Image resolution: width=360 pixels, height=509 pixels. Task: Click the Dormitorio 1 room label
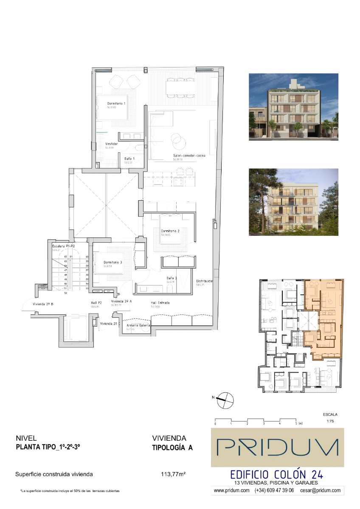(116, 103)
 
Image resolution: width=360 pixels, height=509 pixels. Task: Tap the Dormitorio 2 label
(170, 231)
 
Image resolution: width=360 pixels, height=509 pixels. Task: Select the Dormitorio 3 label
(113, 263)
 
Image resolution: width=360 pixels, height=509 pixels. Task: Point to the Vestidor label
(111, 144)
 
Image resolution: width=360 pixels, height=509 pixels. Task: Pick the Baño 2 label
(172, 278)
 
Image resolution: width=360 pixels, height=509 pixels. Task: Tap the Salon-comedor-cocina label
(189, 156)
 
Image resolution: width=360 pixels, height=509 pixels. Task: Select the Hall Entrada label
(160, 303)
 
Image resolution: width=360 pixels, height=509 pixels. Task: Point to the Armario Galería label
(138, 325)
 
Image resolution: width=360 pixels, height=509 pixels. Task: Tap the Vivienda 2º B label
(42, 304)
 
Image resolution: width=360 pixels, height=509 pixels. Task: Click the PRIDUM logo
(278, 447)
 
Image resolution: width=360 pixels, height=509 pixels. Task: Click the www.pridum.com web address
(231, 490)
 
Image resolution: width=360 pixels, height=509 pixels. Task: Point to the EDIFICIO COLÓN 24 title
(276, 474)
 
